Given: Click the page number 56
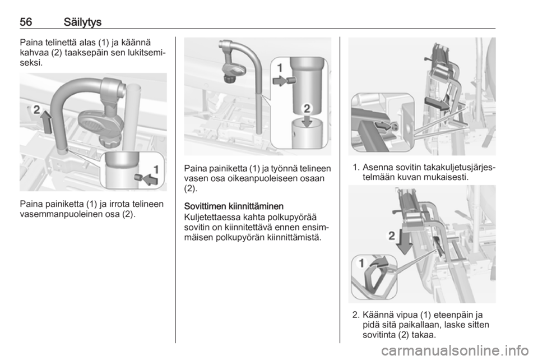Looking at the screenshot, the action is [26, 22].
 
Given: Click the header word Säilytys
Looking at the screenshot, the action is [82, 22].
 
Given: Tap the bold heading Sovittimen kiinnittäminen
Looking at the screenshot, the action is [234, 206].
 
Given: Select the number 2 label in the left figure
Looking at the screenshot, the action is [36, 110].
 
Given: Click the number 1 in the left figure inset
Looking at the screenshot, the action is [156, 169].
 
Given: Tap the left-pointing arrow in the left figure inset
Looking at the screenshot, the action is [150, 179].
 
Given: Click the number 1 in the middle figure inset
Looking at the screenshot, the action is [280, 68].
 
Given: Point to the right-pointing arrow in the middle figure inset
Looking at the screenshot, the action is [280, 81].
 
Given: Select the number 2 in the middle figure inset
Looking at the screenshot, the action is [307, 109].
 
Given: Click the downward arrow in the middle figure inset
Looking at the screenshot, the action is [307, 121].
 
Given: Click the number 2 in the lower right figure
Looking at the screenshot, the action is [392, 236].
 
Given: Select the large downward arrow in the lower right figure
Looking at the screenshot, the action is [404, 242].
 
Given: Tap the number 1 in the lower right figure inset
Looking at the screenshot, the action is [361, 263].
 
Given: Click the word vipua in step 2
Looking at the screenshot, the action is [406, 315].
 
